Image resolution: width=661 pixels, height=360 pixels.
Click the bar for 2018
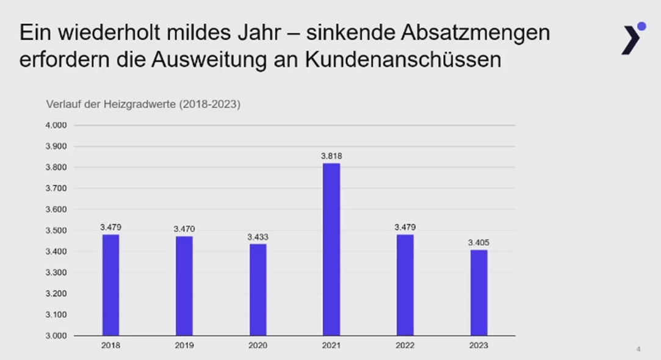click(x=110, y=285)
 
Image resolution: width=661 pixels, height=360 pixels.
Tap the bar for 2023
click(x=479, y=293)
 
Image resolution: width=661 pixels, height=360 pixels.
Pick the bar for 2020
click(x=258, y=290)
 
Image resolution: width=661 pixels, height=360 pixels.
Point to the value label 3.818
click(x=331, y=156)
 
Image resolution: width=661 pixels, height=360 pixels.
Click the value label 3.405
click(x=479, y=242)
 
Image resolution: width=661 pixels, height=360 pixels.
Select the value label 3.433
click(x=258, y=237)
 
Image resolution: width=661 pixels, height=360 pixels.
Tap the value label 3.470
click(x=184, y=229)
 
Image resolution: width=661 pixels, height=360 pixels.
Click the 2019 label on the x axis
click(x=184, y=345)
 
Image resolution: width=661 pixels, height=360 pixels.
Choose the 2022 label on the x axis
click(x=405, y=345)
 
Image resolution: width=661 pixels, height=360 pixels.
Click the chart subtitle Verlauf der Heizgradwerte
click(x=143, y=104)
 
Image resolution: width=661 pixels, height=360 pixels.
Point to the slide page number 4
click(x=638, y=350)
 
